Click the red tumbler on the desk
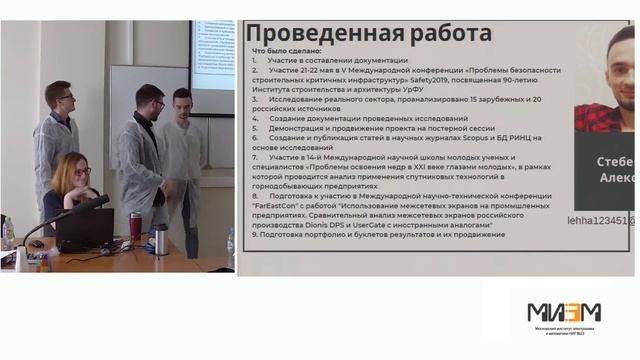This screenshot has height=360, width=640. pos(135,227)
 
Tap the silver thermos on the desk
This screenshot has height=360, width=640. pos(160,239)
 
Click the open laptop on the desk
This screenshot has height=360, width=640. pos(84,231)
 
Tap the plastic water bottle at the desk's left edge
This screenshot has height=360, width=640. pos(8,233)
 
